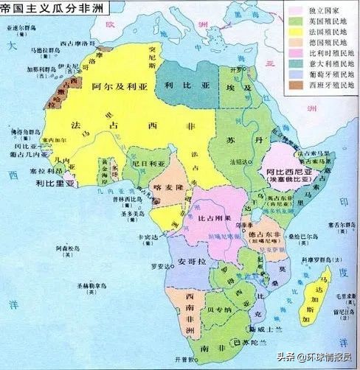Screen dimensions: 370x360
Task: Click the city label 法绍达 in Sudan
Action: click(x=238, y=160)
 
